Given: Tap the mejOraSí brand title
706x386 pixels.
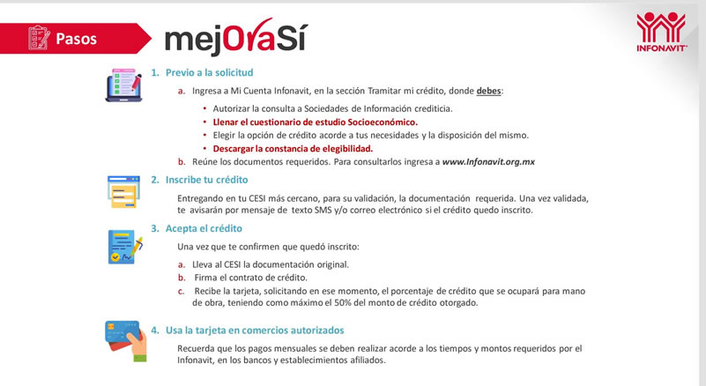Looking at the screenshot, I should click(x=235, y=36).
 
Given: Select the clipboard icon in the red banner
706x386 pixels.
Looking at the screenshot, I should click(x=38, y=38).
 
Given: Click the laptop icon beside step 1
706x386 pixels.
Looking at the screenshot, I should click(x=123, y=85).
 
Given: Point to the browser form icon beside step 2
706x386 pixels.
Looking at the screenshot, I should click(x=123, y=192).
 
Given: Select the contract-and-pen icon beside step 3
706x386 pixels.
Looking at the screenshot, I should click(x=124, y=247).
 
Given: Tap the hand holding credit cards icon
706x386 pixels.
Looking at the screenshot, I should click(x=124, y=339).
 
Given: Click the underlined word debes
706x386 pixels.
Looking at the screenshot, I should click(x=488, y=91).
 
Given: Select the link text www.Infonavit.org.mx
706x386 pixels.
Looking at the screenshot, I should click(x=488, y=162).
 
